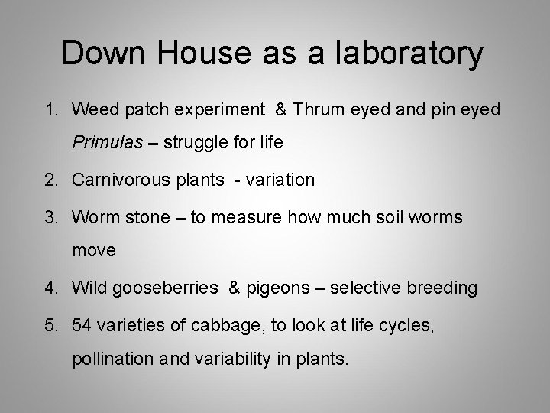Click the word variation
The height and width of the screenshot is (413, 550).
click(276, 180)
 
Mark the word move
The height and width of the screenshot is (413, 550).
click(94, 249)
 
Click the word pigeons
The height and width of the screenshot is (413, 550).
click(280, 288)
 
